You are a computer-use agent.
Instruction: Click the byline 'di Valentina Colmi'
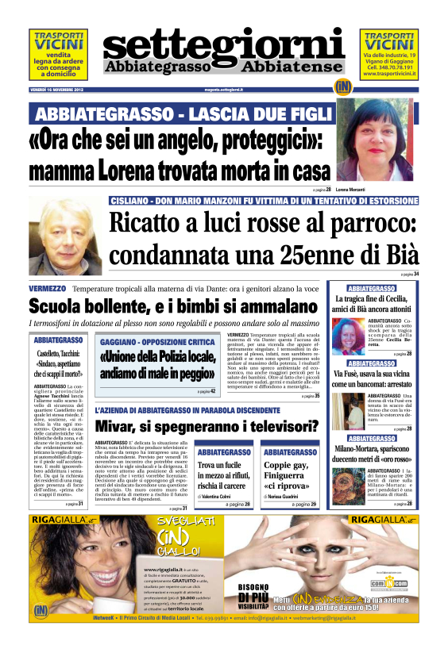[x=219, y=495]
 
